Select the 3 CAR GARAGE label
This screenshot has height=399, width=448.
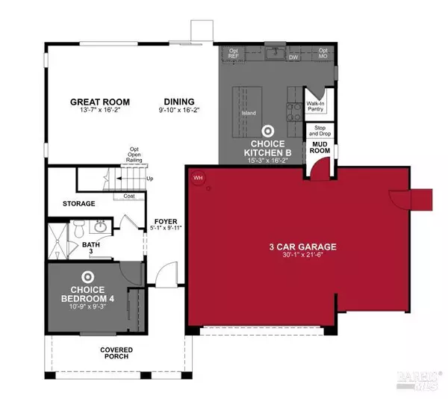pos(303,247)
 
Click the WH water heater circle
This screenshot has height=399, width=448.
pos(199,178)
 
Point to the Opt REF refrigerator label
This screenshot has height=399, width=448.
pos(234,55)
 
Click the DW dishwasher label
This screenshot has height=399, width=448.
pos(293,56)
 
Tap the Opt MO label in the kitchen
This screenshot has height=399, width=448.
pos(323,55)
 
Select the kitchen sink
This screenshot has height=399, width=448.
pos(276,53)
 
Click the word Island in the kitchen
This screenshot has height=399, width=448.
pos(249,113)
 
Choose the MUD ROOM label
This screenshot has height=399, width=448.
pos(321,149)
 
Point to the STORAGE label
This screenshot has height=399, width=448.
pos(78,203)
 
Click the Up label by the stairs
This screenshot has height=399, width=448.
pos(150,179)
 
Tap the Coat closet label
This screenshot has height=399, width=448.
pos(128,197)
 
